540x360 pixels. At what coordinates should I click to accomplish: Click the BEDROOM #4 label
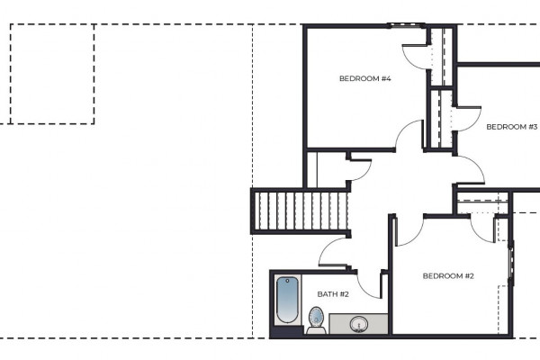tap(365, 78)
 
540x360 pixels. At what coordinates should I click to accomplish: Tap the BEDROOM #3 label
tap(512, 127)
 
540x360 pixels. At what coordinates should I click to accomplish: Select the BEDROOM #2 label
tap(448, 276)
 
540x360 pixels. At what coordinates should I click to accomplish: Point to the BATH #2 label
tap(333, 294)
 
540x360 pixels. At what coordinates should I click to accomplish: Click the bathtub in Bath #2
tap(287, 300)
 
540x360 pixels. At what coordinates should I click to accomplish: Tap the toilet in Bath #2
tap(317, 320)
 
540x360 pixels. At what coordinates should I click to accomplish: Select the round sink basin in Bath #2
tap(359, 325)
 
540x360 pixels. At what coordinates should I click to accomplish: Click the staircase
tap(301, 211)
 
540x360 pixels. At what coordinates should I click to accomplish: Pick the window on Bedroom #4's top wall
tap(406, 25)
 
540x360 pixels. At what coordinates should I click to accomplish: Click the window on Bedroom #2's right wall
tap(511, 263)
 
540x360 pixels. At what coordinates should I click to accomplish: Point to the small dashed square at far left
tap(52, 74)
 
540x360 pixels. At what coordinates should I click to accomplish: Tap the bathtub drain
tap(287, 281)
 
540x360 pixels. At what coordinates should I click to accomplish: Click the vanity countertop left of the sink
tap(339, 324)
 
